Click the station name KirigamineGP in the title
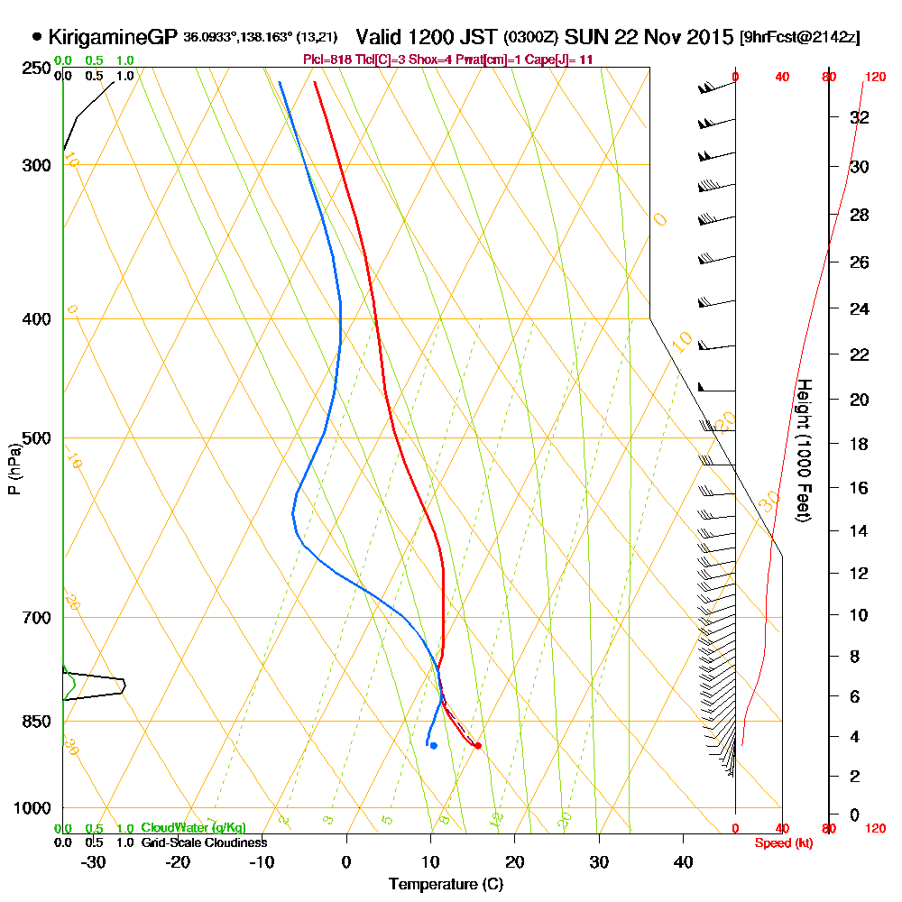point(112,37)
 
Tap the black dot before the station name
point(36,37)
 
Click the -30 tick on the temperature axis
point(93,861)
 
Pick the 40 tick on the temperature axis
point(683,861)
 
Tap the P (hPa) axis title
point(14,468)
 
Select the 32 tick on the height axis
point(860,117)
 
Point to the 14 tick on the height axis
point(860,530)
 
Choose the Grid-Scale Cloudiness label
point(204,842)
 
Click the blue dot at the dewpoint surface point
point(434,745)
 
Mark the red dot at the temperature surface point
point(477,745)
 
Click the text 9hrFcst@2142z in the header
point(799,38)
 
